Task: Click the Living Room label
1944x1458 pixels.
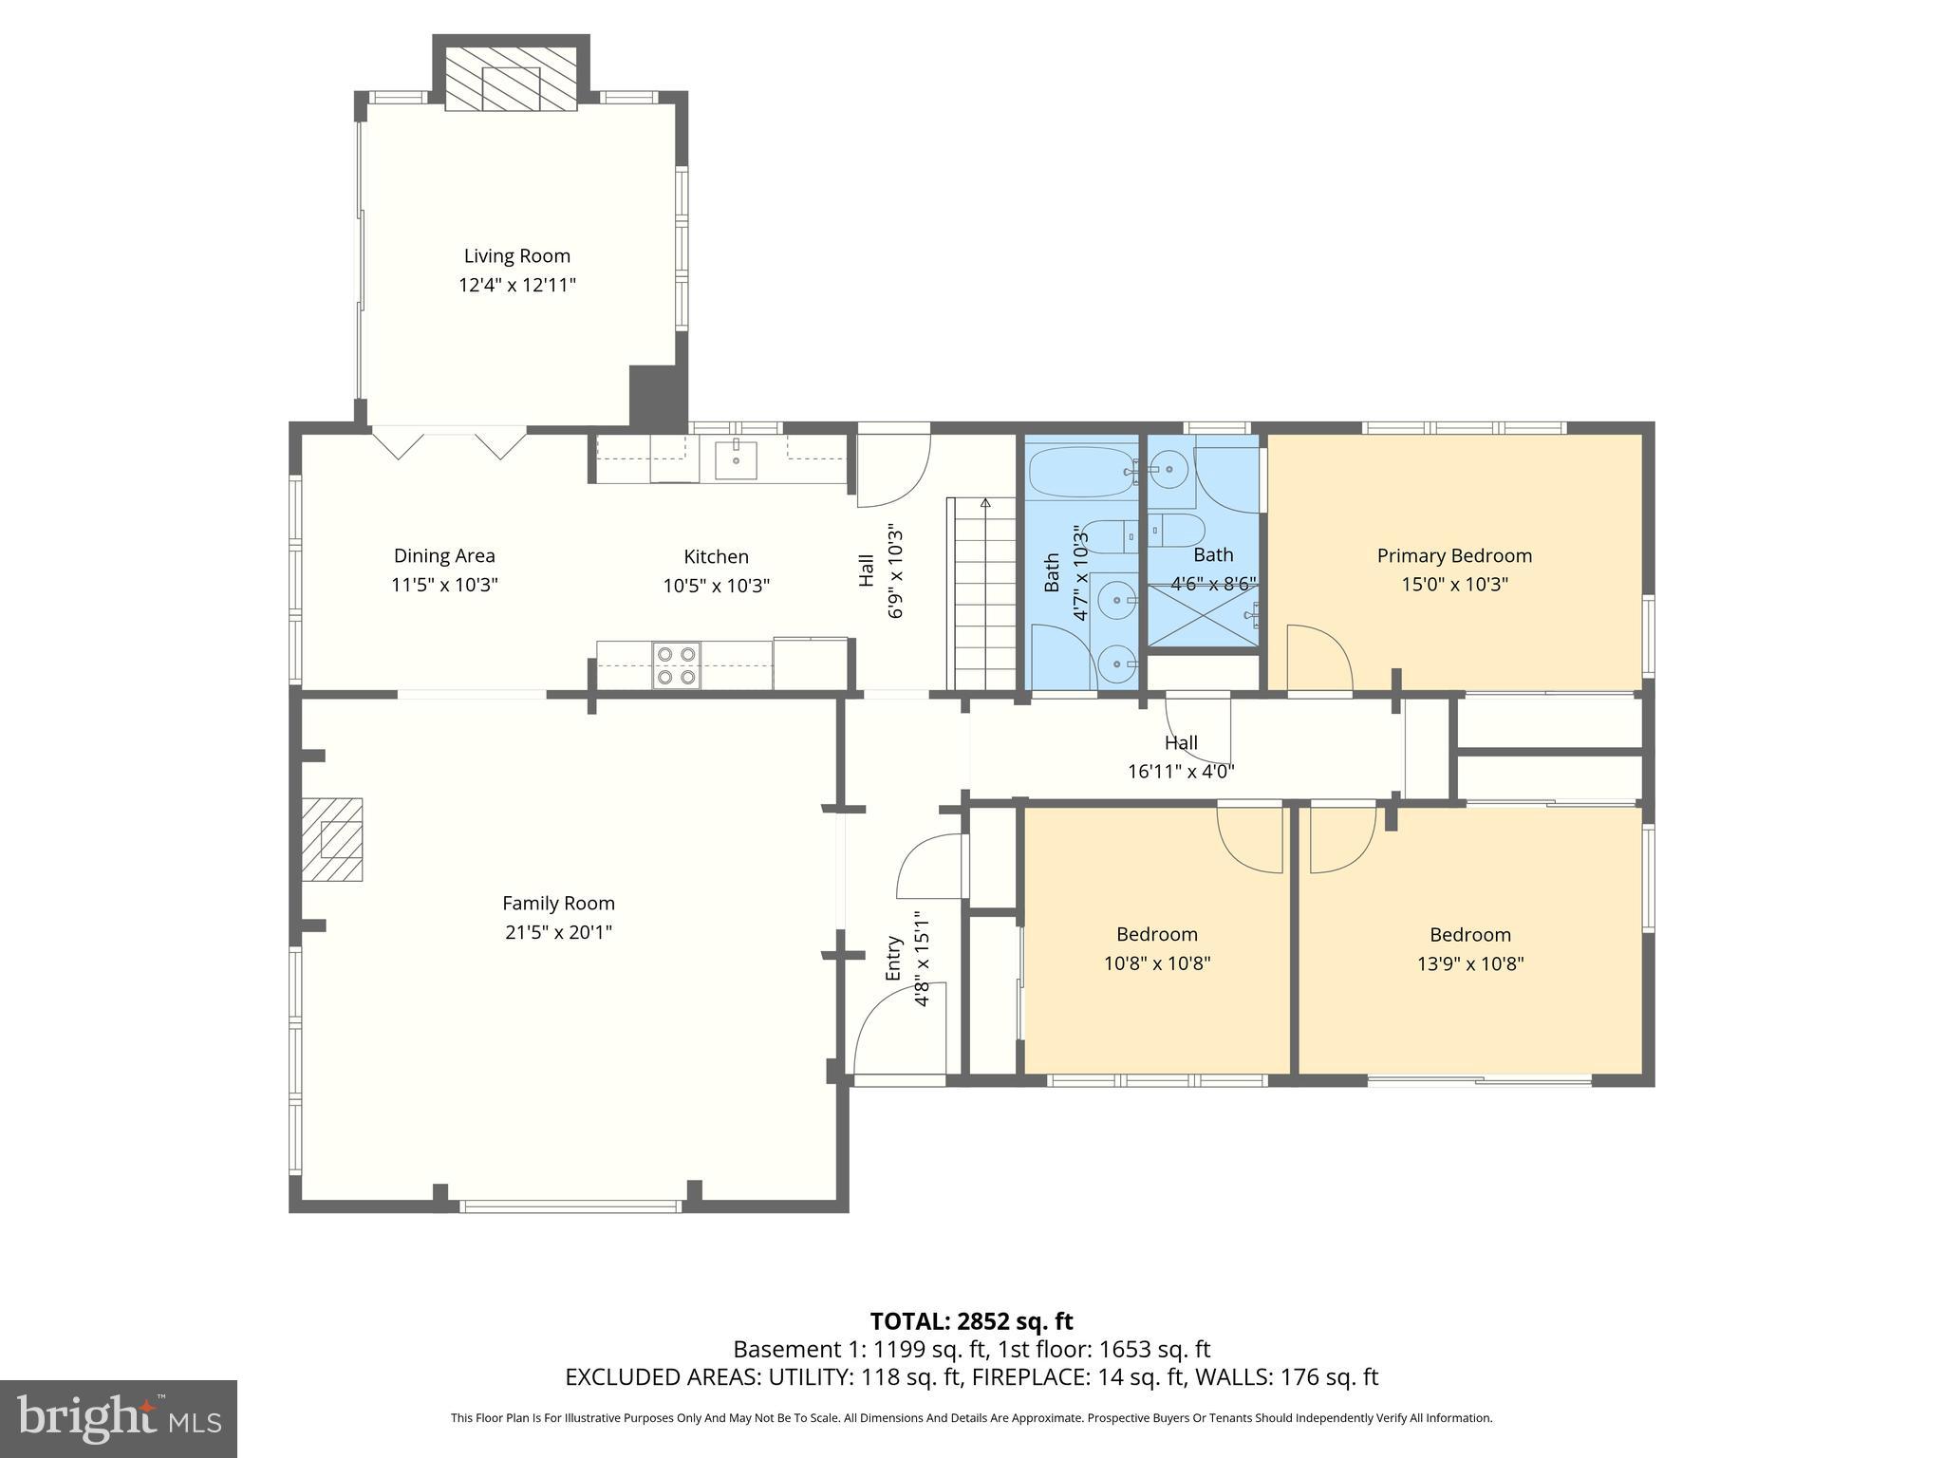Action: tap(516, 256)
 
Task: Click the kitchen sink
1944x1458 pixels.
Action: tap(736, 460)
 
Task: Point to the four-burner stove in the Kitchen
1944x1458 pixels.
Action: tap(676, 665)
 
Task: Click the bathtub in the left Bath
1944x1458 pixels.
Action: tap(1079, 472)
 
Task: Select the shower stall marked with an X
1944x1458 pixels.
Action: tap(1204, 615)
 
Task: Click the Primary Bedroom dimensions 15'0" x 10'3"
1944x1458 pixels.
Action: tap(1454, 585)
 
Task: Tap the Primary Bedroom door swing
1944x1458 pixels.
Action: tap(1318, 658)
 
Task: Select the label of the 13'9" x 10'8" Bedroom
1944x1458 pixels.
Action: tap(1469, 935)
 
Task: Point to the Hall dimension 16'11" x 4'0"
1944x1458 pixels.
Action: tap(1180, 772)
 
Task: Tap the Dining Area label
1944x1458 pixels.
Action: tap(444, 556)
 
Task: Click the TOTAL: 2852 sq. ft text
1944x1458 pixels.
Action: tap(971, 1321)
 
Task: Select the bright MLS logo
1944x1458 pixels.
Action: tap(119, 1418)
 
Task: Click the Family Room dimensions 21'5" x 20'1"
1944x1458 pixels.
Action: tap(558, 932)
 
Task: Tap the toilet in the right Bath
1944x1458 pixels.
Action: tap(1178, 531)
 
